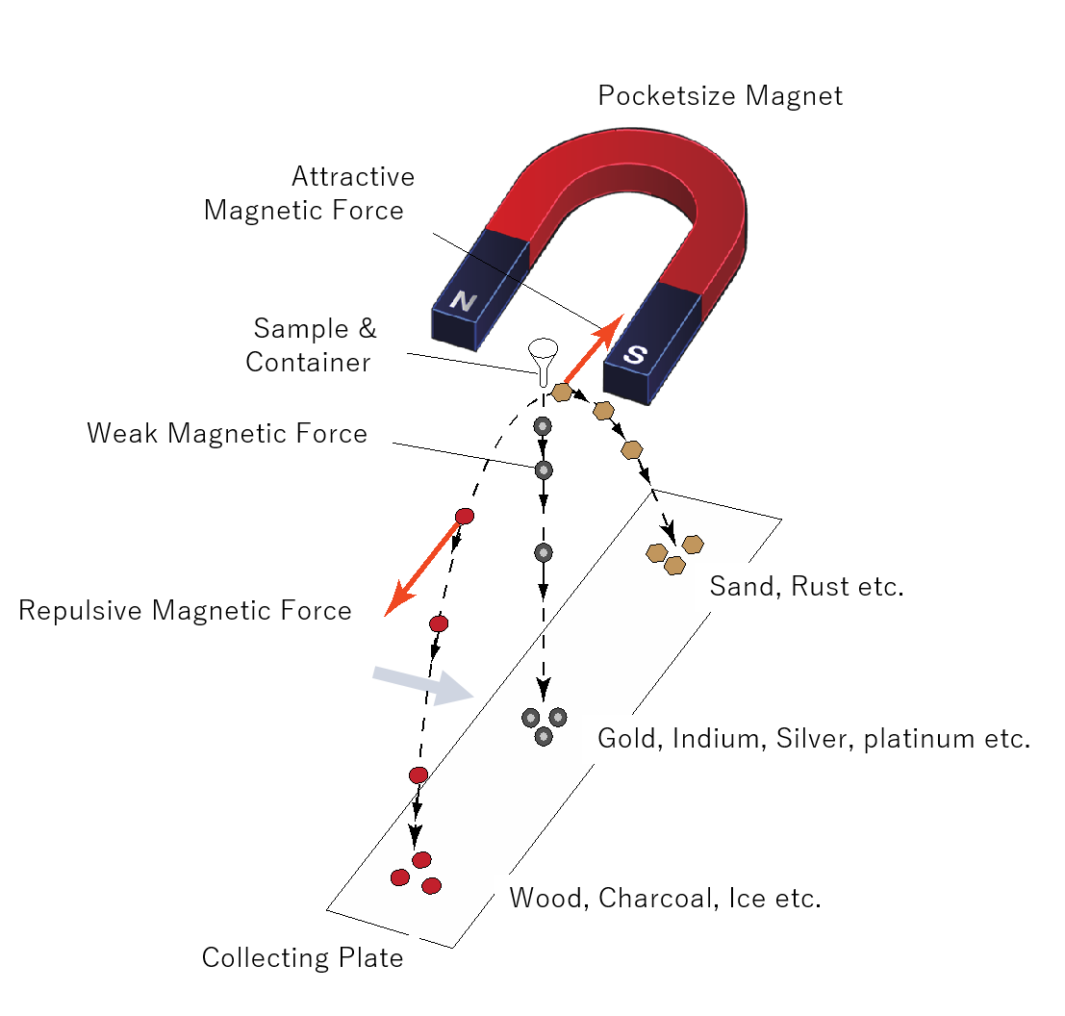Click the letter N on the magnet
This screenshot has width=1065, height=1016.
point(463,301)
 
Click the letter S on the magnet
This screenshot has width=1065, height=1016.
point(634,353)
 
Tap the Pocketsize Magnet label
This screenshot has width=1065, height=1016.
point(720,96)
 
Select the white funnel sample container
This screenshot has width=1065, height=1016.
point(544,361)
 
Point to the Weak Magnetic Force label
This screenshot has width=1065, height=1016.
point(227,434)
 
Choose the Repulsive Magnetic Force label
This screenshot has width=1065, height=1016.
point(185,611)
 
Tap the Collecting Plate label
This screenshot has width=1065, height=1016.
point(302,958)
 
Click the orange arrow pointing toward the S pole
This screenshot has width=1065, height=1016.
point(594,349)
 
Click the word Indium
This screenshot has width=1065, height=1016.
point(709,740)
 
